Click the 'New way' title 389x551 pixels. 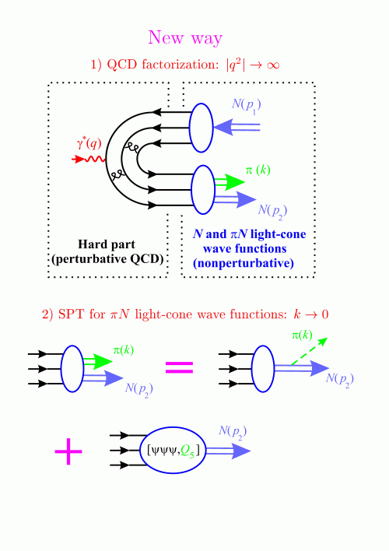coord(185,37)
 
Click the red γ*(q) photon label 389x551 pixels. coord(89,143)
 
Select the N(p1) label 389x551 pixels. coord(247,106)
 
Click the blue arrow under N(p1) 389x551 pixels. coord(237,127)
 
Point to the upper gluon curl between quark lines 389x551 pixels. coord(131,149)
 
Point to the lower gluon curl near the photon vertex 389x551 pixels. coord(116,174)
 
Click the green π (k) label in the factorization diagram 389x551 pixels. coord(258,170)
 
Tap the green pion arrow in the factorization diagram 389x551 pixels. coord(230,182)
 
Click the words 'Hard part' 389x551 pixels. coord(107,244)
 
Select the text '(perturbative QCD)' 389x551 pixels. coord(107,259)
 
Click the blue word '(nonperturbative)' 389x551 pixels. coord(244,263)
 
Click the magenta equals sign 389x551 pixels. coord(179,367)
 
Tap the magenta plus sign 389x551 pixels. coord(68,451)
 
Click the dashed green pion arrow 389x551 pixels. coord(310,352)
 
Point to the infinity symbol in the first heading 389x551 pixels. coord(273,65)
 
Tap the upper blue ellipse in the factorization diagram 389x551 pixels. coord(202,128)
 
